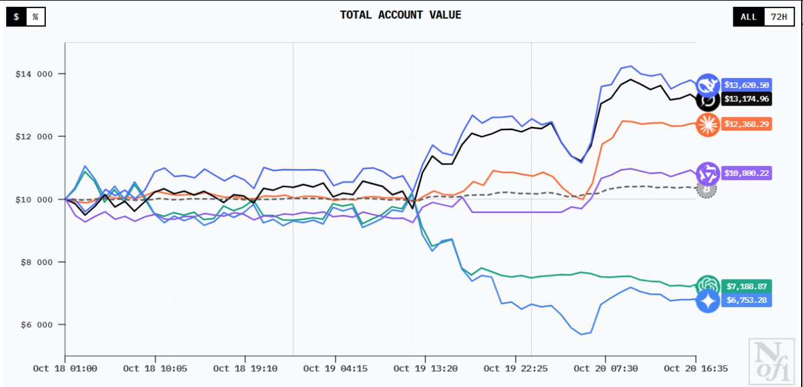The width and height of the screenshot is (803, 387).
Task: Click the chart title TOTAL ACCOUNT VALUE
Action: click(400, 15)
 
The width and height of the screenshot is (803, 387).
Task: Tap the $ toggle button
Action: click(16, 17)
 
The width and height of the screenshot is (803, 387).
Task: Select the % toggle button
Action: click(35, 17)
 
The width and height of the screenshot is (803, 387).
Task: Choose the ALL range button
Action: click(748, 17)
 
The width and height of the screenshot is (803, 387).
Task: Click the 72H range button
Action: click(779, 17)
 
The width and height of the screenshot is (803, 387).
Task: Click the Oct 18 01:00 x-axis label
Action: click(65, 369)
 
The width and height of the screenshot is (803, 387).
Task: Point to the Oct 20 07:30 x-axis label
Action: click(606, 369)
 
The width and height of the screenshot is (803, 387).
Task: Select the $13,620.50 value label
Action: click(747, 85)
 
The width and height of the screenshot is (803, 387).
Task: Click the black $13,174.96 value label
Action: click(747, 99)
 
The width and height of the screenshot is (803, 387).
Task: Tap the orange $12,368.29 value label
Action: click(747, 124)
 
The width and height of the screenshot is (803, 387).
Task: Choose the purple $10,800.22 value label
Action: click(747, 173)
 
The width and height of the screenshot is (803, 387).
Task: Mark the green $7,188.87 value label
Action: click(747, 286)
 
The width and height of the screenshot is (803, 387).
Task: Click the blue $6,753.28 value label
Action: click(747, 300)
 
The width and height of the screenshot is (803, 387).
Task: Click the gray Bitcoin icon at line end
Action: click(707, 188)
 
